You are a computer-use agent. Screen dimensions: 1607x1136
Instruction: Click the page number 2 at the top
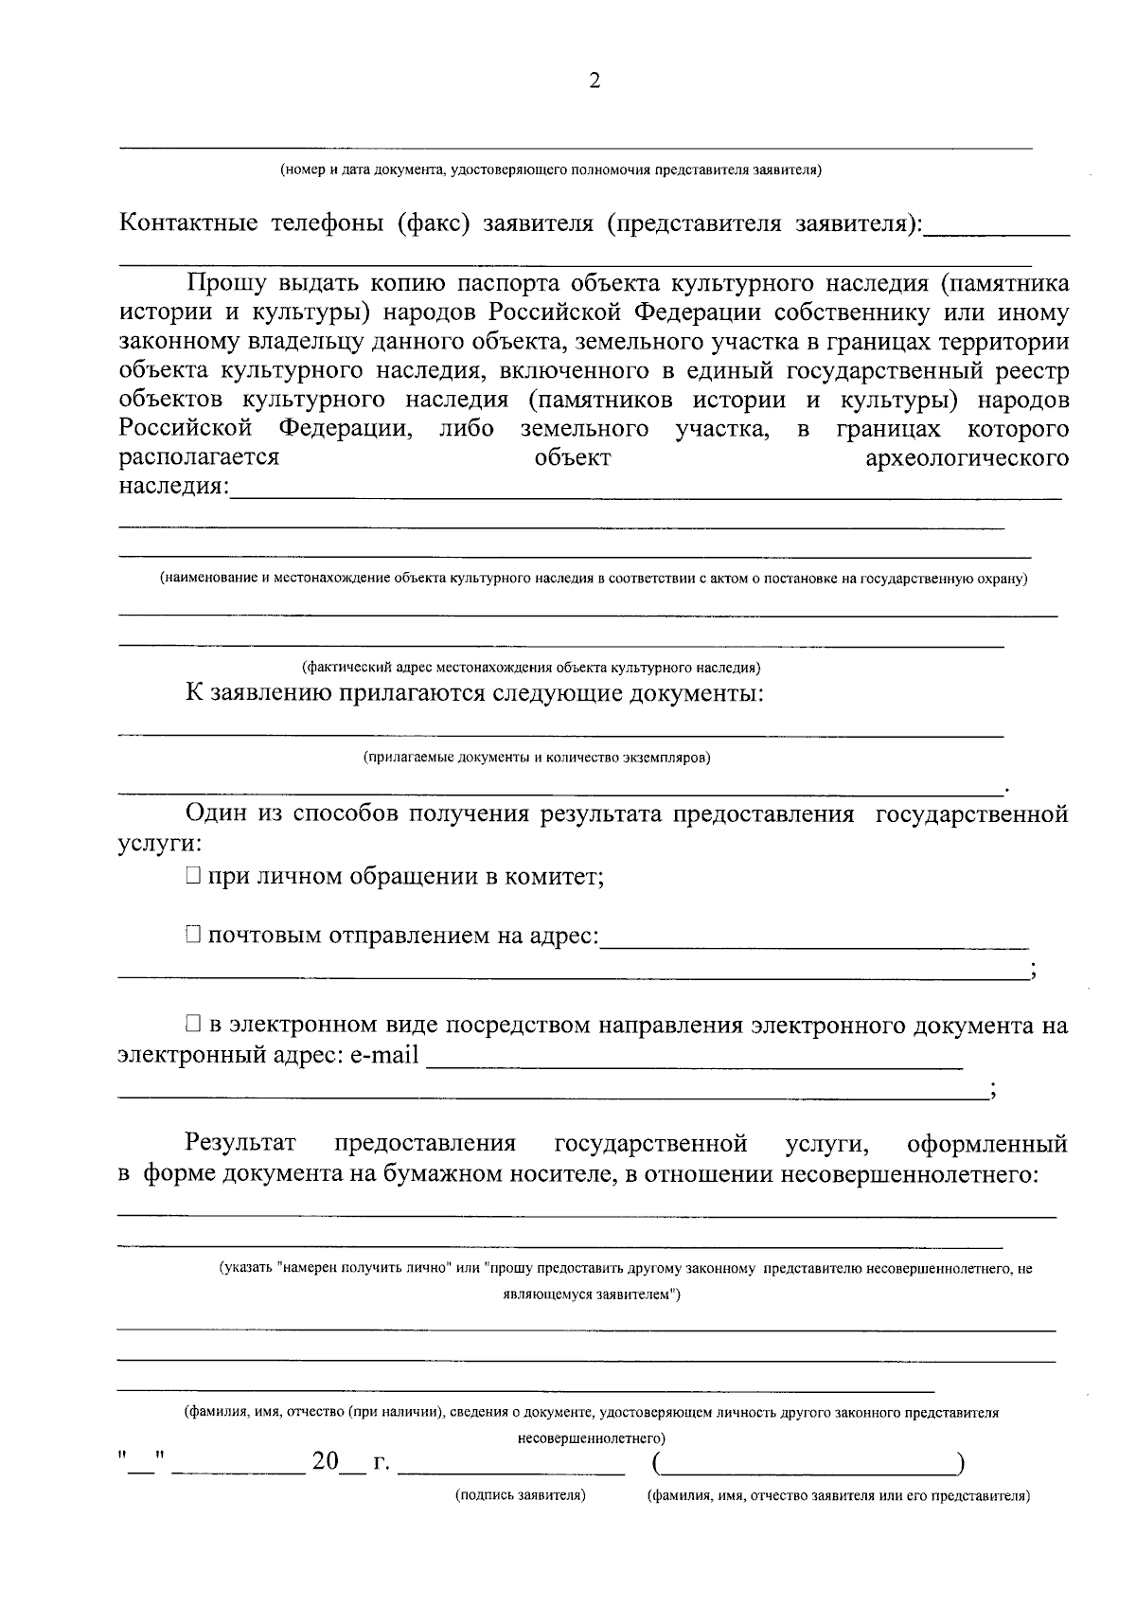pos(595,81)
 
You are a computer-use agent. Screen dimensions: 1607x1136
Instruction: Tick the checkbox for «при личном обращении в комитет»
pos(193,877)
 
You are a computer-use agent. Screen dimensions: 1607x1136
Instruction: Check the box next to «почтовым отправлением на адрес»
pos(193,936)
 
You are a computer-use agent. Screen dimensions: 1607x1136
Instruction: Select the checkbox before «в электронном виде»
pos(193,1025)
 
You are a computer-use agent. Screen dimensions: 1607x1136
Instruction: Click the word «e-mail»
pos(384,1055)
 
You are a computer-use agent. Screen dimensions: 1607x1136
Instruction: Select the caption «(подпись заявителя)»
pos(520,1495)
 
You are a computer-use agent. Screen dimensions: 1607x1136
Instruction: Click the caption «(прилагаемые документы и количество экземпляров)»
pos(537,758)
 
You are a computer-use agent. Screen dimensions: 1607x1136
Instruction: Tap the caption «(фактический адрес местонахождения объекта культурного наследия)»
pos(531,667)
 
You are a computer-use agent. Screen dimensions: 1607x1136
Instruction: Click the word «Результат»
pos(241,1144)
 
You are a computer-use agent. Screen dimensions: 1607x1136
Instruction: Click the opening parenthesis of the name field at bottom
pos(657,1464)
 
